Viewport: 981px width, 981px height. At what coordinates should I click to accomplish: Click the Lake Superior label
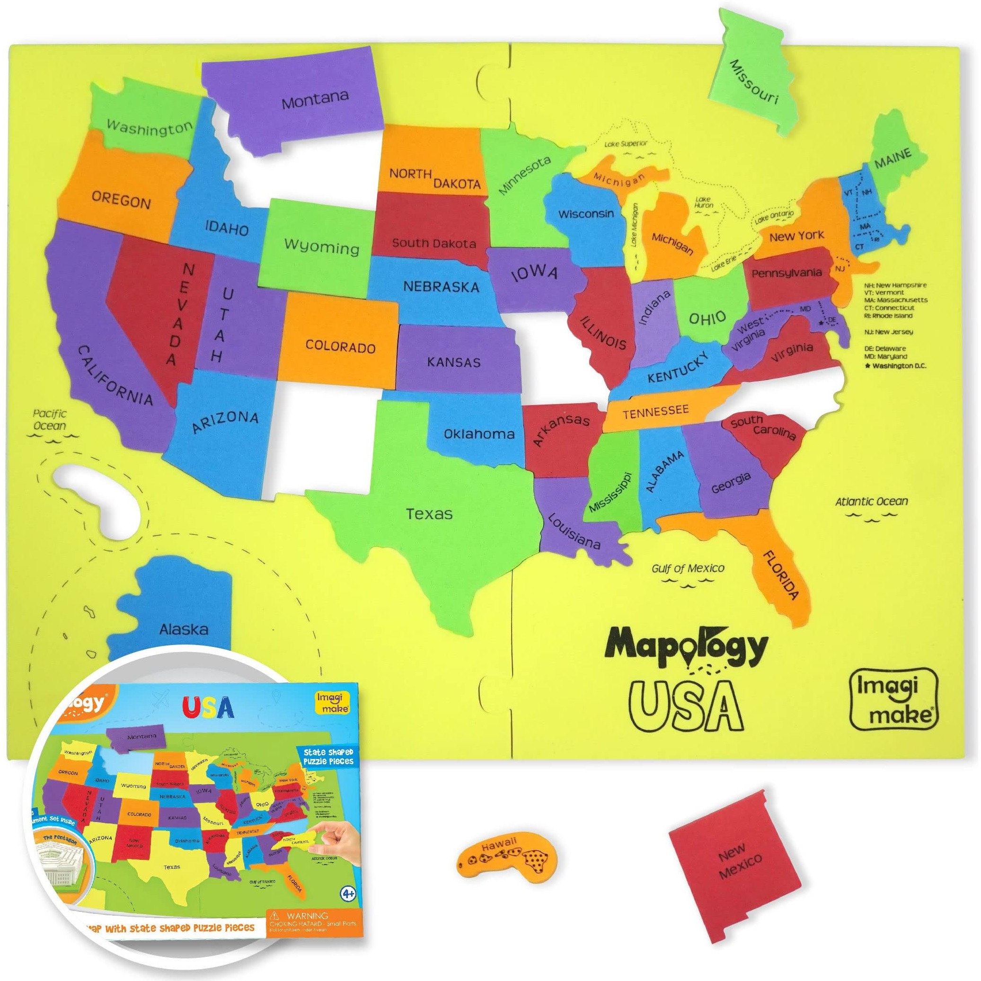pos(626,144)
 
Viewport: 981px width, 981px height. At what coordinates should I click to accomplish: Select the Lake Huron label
pos(703,202)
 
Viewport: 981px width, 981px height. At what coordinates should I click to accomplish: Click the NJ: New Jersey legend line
pos(895,332)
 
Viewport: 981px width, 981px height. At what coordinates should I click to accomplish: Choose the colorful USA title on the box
pos(209,707)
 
